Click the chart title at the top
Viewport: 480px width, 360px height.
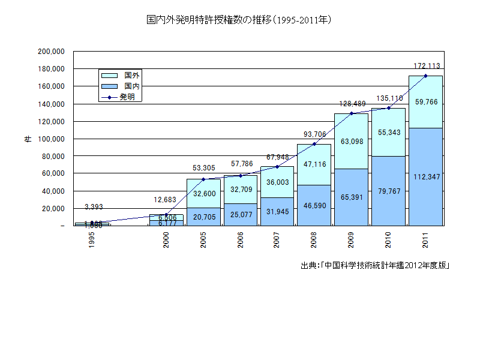[x=239, y=20]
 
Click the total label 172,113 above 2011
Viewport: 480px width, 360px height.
[x=425, y=65]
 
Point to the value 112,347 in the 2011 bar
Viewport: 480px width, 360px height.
[x=425, y=176]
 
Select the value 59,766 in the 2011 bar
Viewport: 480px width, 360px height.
[x=426, y=102]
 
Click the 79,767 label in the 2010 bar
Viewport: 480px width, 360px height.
[x=388, y=191]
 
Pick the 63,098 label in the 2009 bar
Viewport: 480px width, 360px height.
[x=351, y=142]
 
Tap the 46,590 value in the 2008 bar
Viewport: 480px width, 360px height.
[x=314, y=205]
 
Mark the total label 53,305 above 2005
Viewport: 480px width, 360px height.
[x=203, y=169]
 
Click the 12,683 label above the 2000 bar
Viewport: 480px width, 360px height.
[x=166, y=200]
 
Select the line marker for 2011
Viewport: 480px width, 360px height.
[x=425, y=76]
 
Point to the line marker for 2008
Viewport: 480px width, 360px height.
[x=314, y=144]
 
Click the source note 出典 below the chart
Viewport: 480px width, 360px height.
[x=375, y=265]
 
